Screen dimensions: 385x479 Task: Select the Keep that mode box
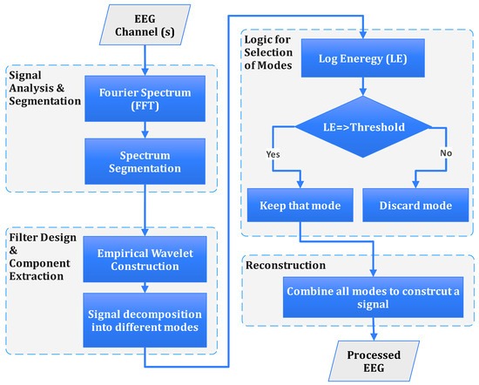[x=299, y=206]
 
